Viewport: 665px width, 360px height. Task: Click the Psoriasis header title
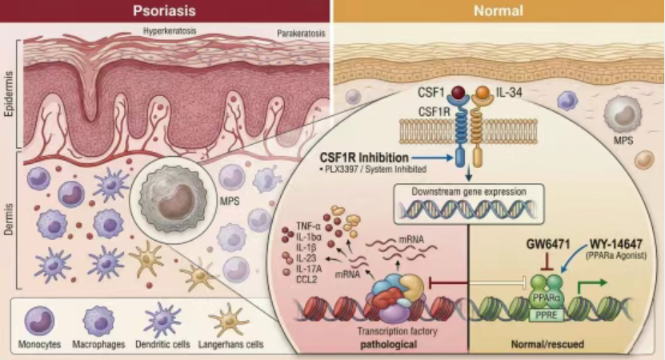click(x=166, y=11)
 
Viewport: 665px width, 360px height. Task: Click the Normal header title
click(x=498, y=11)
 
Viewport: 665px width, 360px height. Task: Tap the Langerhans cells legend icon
click(x=231, y=322)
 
